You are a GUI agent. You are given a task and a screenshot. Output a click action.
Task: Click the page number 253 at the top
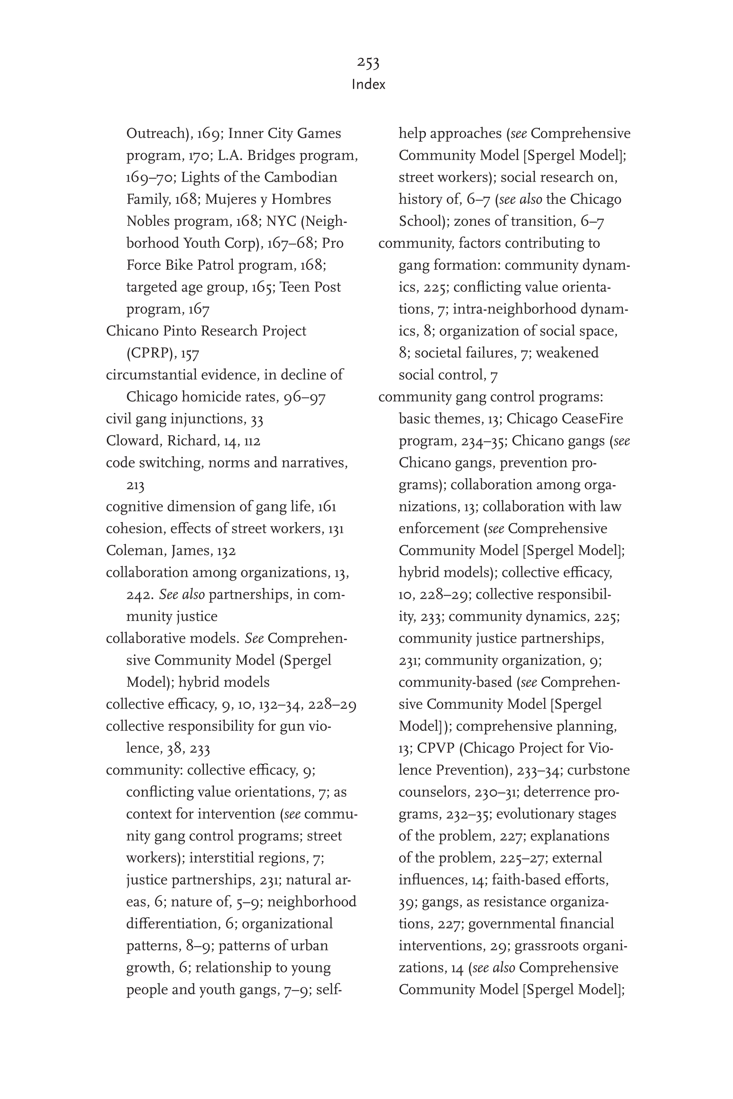(368, 62)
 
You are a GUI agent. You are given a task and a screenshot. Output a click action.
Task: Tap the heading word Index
(369, 85)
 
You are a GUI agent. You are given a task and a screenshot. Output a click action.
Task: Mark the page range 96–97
(304, 397)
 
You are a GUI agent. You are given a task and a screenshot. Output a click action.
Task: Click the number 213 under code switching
(135, 485)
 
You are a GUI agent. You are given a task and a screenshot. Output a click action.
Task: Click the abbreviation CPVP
(435, 748)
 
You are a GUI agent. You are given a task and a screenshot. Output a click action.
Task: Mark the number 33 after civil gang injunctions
(257, 419)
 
